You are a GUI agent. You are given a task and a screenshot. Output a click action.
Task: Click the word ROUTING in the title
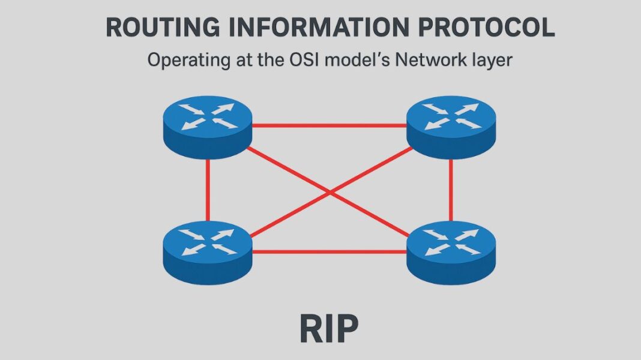click(157, 28)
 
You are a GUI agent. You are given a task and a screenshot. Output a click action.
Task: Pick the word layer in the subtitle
click(493, 61)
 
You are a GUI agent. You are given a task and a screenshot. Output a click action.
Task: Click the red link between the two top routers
click(329, 126)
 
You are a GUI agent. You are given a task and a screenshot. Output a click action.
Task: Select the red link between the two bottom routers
click(329, 251)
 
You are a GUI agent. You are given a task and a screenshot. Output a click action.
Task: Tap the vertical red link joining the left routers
click(208, 189)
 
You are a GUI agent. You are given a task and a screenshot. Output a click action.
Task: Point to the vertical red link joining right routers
click(451, 189)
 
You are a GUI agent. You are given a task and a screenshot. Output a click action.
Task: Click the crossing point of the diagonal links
click(330, 191)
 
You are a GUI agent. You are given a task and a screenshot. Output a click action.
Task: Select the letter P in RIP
click(346, 329)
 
